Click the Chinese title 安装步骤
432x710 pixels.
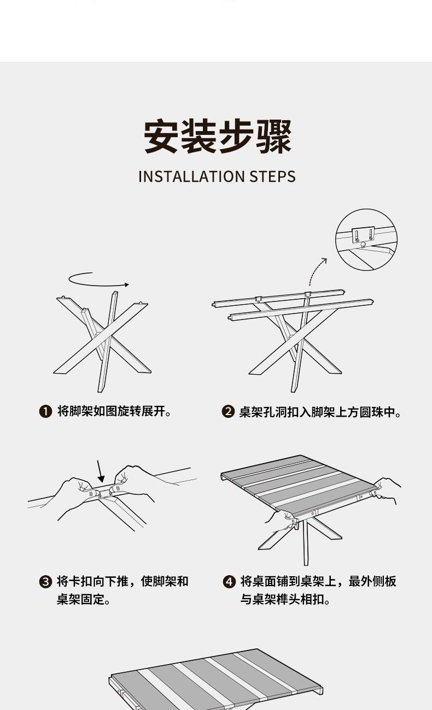pyautogui.click(x=218, y=137)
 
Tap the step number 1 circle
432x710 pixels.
pyautogui.click(x=45, y=412)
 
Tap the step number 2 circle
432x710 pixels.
pyautogui.click(x=227, y=412)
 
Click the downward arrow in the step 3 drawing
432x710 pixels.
pyautogui.click(x=100, y=472)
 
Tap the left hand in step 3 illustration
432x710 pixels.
pyautogui.click(x=73, y=497)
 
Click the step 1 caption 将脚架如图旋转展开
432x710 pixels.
pyautogui.click(x=114, y=411)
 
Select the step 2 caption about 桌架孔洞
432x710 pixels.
pyautogui.click(x=320, y=412)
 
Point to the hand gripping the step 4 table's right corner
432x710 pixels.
pyautogui.click(x=387, y=490)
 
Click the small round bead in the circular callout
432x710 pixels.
pyautogui.click(x=363, y=244)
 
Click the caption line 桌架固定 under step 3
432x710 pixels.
pyautogui.click(x=83, y=600)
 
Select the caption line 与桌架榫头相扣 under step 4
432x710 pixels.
pyautogui.click(x=285, y=600)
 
